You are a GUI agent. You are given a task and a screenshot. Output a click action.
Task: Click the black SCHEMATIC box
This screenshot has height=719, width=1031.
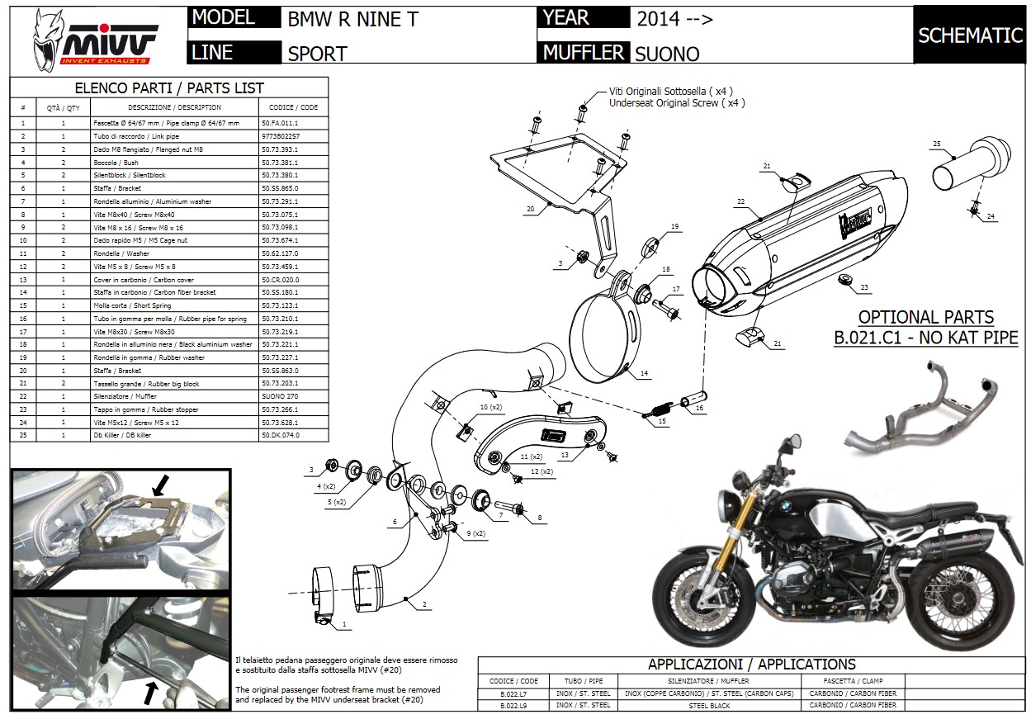[969, 35]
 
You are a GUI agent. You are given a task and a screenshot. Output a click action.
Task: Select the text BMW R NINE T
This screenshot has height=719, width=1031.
[352, 19]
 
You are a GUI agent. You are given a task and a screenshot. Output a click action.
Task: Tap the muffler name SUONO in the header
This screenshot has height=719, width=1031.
[667, 54]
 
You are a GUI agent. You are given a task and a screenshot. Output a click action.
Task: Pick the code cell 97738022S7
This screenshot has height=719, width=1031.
[281, 135]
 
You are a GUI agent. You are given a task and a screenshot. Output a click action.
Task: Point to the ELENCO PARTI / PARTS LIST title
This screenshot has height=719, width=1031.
[169, 88]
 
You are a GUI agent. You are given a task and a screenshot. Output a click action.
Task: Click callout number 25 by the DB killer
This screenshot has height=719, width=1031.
[936, 144]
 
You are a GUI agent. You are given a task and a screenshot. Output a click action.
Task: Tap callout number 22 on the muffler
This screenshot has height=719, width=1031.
[740, 201]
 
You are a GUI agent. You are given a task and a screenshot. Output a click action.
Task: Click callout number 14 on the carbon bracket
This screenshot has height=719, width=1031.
[645, 373]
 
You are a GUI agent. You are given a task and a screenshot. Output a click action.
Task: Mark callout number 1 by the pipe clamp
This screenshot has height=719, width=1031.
[343, 625]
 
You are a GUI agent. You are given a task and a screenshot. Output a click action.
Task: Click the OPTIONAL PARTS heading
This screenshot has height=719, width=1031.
[925, 317]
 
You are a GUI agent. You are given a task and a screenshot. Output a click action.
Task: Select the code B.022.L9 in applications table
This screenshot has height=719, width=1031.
[514, 705]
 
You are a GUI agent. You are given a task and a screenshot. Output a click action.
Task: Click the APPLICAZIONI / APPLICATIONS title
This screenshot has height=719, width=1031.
[751, 664]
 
